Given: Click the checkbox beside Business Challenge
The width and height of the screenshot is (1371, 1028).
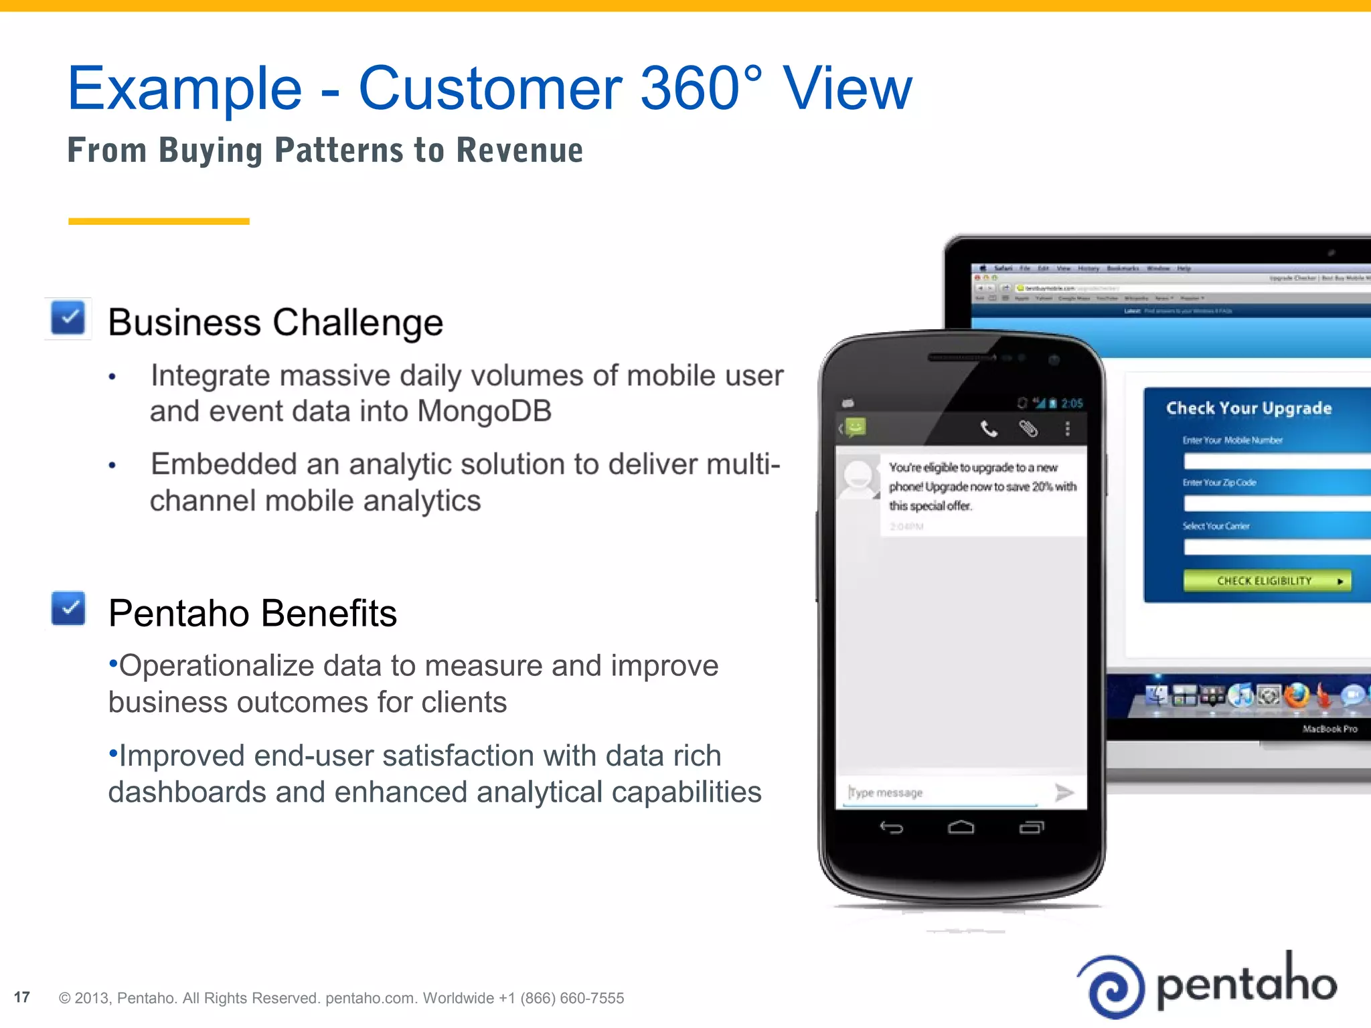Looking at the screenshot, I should coord(68,318).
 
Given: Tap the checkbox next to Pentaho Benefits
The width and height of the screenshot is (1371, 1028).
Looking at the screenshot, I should coord(68,608).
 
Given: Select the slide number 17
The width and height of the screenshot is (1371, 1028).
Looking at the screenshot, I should coord(22,997).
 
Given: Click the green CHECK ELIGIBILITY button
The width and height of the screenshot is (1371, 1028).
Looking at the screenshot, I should coord(1267,581).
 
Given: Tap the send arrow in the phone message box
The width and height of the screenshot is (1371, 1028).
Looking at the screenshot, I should coord(1064,792).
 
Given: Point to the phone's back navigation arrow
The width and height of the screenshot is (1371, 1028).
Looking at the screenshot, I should coord(892,829).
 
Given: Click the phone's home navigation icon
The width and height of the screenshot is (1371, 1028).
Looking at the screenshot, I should coord(961,829).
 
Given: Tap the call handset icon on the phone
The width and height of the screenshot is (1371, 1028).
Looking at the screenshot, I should coord(989,428).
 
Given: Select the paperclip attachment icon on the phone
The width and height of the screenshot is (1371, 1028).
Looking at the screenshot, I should coord(1028,428).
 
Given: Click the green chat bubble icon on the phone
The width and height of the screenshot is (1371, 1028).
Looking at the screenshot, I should coord(856,426).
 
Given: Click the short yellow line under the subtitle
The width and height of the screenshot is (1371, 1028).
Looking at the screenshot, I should coord(159,221).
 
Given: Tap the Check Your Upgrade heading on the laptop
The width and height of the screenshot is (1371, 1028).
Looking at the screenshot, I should coord(1248,408).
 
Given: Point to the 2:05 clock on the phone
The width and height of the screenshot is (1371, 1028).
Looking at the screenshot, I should coord(1072,403).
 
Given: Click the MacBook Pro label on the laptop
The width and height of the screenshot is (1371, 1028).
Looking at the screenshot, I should coord(1329,729).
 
